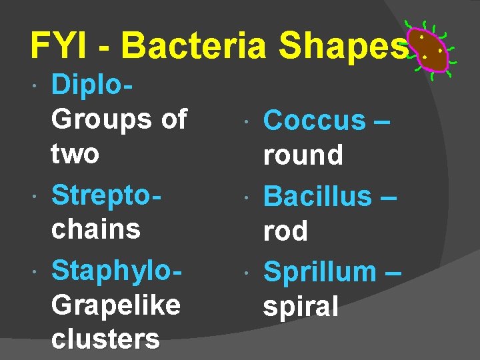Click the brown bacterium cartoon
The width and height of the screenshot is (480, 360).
[x=427, y=50]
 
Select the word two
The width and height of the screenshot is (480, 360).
[x=75, y=154]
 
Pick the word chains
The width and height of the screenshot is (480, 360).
[x=96, y=229]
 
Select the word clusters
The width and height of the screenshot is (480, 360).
[x=105, y=339]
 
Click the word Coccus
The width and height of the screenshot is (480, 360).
[x=315, y=121]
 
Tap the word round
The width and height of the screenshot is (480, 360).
[x=303, y=155]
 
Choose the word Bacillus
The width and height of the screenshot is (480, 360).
[x=317, y=196]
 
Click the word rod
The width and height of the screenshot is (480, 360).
[x=285, y=231]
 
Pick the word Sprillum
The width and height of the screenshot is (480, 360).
[x=320, y=272]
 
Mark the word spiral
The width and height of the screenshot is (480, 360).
[x=301, y=307]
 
